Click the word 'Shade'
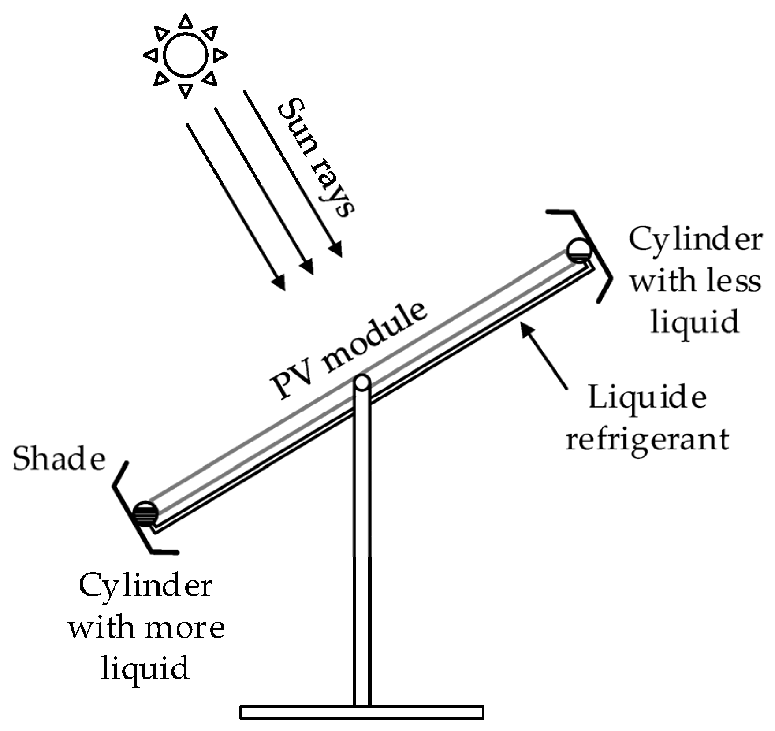tap(59, 458)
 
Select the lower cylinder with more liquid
tap(145, 513)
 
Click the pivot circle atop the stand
tap(362, 383)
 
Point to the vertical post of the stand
tap(362, 551)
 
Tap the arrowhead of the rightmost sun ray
tap(336, 249)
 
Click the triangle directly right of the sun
tap(219, 55)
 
